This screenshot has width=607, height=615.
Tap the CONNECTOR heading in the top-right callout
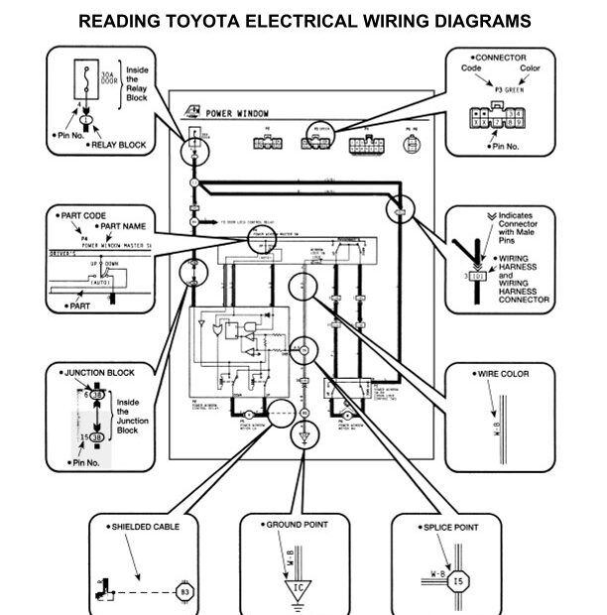(x=503, y=58)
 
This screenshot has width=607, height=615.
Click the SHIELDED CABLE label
(x=140, y=528)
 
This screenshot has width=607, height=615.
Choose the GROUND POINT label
(x=297, y=524)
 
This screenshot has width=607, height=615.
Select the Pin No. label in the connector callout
(x=508, y=145)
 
